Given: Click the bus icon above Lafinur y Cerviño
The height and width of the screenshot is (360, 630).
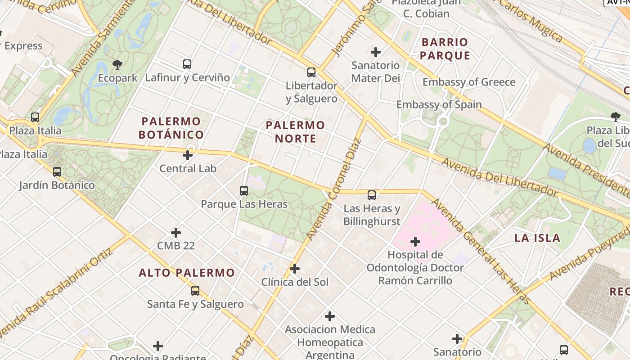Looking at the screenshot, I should (187, 64).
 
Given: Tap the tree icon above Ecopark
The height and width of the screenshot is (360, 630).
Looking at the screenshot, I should (117, 65).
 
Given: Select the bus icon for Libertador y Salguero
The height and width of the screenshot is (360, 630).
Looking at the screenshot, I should (311, 72).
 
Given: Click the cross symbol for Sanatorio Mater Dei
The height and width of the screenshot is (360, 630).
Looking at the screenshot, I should (376, 53).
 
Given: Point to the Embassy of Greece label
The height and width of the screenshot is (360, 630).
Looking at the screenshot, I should (469, 82).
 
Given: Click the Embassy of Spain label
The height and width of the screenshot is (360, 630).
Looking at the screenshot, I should (439, 104).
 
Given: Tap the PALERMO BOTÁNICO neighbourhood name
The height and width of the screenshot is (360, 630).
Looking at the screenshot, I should (171, 128).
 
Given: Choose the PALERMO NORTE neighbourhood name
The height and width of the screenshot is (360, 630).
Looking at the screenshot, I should (295, 131).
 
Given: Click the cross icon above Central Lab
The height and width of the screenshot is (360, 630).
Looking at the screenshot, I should (188, 156).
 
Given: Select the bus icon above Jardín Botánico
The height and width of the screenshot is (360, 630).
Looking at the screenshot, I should (57, 172).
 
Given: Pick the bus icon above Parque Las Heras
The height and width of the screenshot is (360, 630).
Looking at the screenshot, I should (244, 191).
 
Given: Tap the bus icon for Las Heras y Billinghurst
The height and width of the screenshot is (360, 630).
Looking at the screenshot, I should (372, 195).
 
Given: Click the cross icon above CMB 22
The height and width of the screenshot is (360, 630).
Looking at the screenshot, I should (176, 233).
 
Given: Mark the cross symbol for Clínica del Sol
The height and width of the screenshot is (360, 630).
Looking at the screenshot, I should (295, 269).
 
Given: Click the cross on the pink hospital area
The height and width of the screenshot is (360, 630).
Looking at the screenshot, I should (415, 242).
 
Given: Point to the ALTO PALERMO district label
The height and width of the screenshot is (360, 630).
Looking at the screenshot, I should (187, 273).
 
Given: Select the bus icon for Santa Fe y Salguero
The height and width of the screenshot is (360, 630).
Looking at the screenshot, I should (195, 291).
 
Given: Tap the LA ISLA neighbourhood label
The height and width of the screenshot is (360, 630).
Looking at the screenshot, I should (537, 238).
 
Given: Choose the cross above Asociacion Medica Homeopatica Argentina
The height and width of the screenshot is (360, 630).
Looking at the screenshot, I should (330, 316).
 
